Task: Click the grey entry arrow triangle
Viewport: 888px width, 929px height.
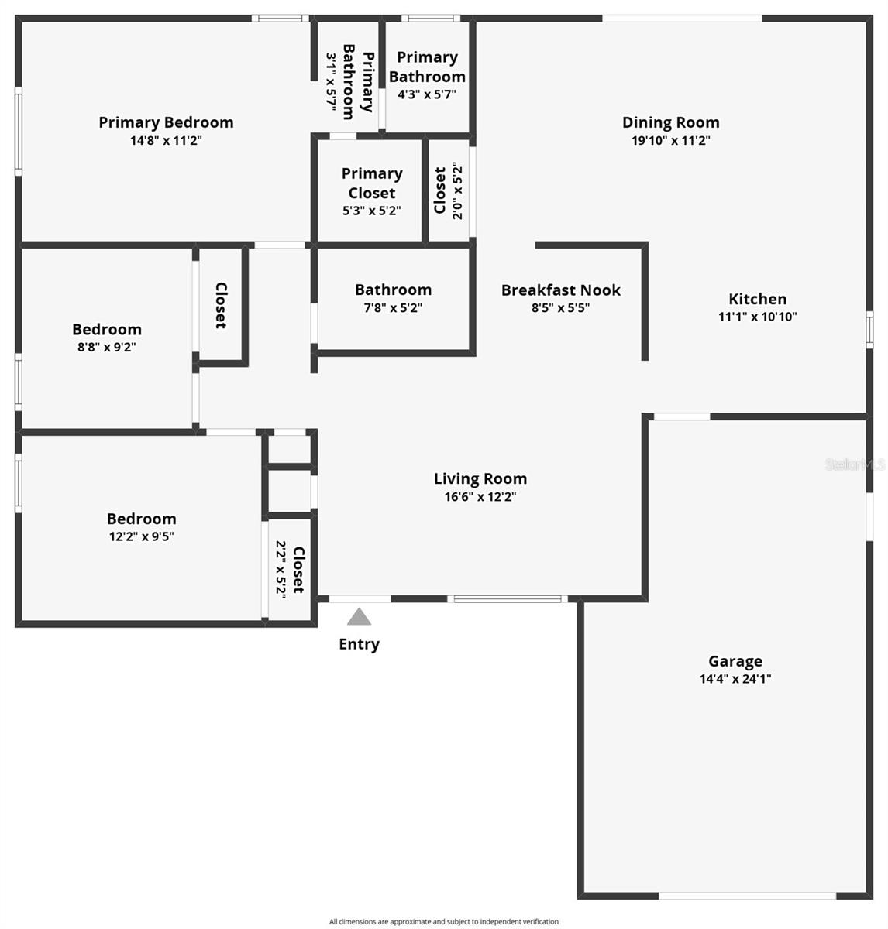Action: [x=359, y=617]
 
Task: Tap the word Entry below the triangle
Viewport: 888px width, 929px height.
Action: [x=359, y=644]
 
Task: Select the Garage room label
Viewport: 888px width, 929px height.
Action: [x=735, y=661]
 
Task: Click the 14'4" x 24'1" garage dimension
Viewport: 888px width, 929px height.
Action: [x=735, y=679]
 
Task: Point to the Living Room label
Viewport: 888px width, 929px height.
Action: [x=480, y=478]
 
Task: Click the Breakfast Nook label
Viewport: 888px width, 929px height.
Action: [x=560, y=290]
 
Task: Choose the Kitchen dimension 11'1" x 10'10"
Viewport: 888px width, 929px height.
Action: [x=757, y=316]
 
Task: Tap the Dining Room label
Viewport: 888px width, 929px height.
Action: [x=670, y=122]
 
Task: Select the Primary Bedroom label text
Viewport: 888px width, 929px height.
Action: [x=166, y=122]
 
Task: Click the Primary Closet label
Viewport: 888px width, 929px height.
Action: [x=372, y=183]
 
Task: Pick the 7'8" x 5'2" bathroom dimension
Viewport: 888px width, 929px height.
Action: [x=393, y=307]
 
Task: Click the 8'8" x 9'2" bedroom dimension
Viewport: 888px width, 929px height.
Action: [x=107, y=347]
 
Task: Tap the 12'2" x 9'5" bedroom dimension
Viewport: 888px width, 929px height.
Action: [x=141, y=536]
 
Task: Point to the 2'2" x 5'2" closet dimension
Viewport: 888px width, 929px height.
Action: [x=281, y=567]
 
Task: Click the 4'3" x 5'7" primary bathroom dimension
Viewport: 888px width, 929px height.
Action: [x=427, y=94]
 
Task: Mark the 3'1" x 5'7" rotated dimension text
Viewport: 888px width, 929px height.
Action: [x=331, y=84]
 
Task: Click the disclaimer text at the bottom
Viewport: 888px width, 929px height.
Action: [x=443, y=921]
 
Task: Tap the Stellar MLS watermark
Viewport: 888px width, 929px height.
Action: [x=855, y=464]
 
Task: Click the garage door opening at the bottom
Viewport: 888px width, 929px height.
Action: [x=748, y=896]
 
